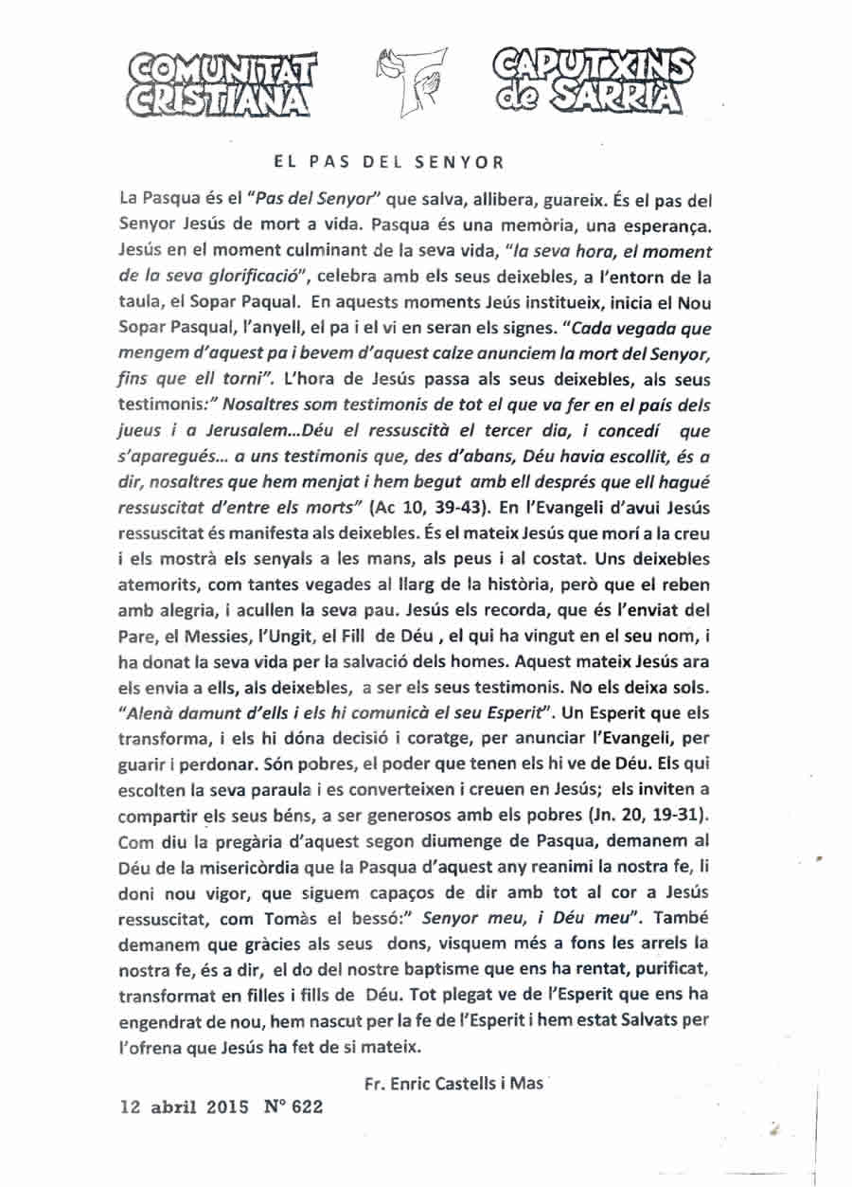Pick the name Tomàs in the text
point(334,890)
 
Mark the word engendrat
point(163,1020)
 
